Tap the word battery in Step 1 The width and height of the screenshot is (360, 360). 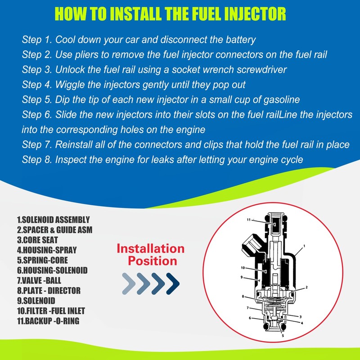pos(239,40)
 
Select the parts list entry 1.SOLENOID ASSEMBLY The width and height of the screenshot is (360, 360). pos(53,220)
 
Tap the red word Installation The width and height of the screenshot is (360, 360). pos(151,249)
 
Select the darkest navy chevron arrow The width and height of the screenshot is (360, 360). pos(173,283)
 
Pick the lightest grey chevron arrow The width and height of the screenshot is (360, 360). pos(129,283)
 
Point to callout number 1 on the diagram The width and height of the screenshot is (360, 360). pos(305,246)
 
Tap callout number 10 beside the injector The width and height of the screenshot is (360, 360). pos(243,268)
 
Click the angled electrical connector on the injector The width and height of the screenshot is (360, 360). pos(248,245)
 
